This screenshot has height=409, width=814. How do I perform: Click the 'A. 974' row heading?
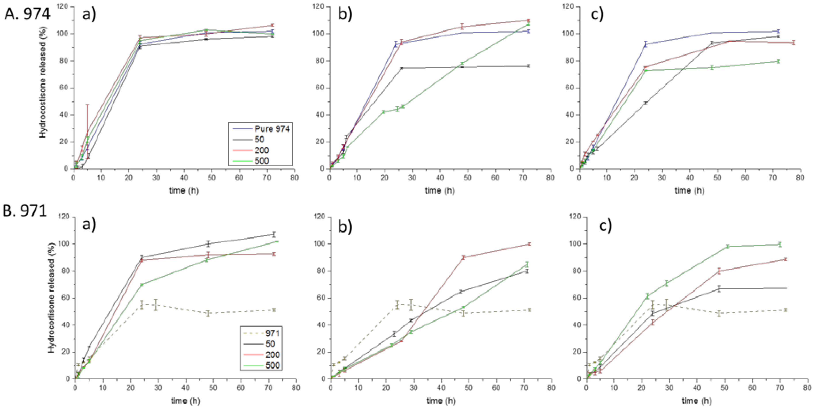[x=27, y=14]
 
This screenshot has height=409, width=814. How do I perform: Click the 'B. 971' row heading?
[x=25, y=211]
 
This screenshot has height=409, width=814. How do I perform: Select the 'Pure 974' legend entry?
[x=272, y=129]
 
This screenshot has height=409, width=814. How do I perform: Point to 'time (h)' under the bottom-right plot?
[x=696, y=401]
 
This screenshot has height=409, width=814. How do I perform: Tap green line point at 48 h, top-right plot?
[x=712, y=68]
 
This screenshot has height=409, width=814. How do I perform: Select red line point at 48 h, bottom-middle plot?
[x=463, y=257]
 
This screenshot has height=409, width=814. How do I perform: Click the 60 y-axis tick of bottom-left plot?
[x=65, y=298]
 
